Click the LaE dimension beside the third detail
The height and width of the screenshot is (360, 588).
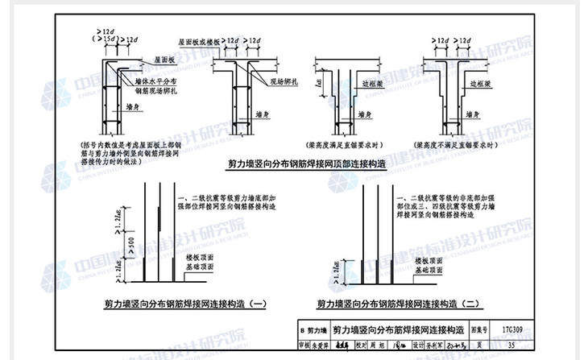[320, 82]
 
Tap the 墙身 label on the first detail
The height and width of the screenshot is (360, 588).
[133, 105]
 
